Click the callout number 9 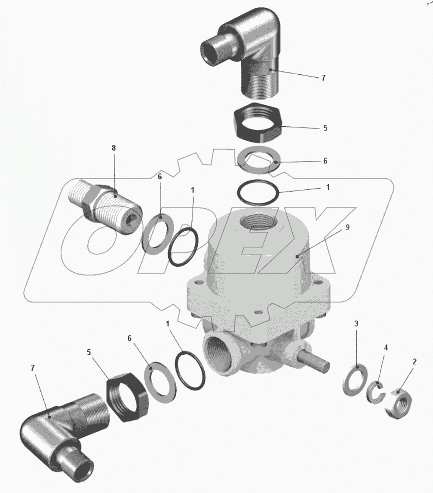347,227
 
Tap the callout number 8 114,148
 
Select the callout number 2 415,362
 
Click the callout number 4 386,348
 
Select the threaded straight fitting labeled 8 105,204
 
